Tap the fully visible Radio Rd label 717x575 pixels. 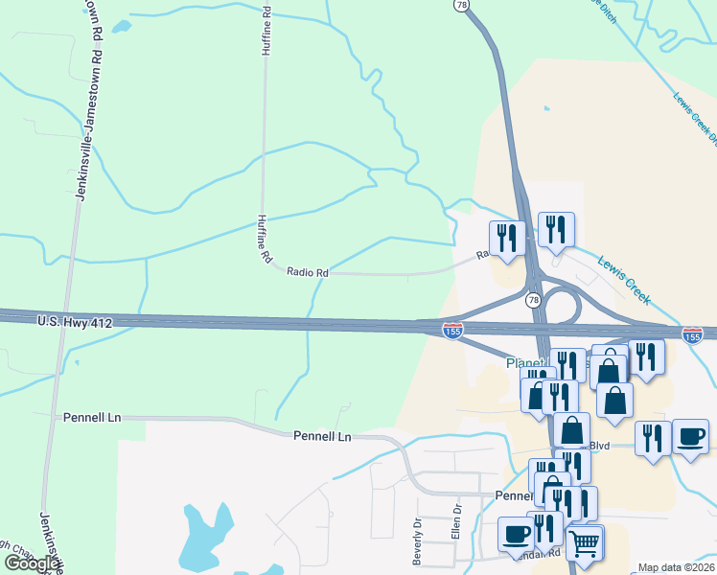point(308,273)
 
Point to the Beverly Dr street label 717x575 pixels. point(418,542)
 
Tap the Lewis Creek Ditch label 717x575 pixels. point(695,119)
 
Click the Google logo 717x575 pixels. point(31,563)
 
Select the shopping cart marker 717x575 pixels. point(584,543)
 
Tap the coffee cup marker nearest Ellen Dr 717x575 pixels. point(516,534)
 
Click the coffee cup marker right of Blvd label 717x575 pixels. point(690,436)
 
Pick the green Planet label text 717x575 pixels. point(525,364)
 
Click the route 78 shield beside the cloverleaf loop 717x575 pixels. point(532,300)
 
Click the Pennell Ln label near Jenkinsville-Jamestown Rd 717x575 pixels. point(92,418)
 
